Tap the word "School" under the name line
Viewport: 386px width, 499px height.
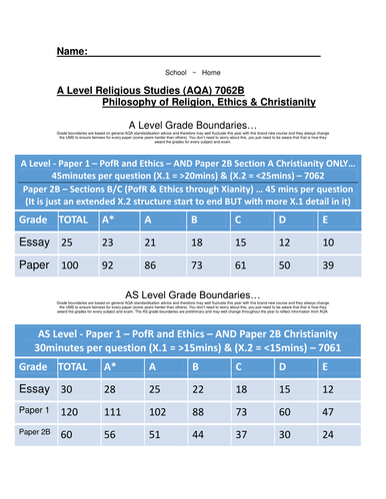coord(175,73)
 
